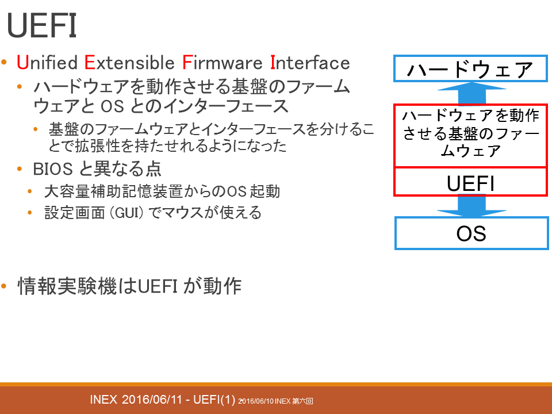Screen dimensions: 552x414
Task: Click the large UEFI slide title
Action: coord(42,25)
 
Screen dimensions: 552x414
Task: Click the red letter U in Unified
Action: coord(22,63)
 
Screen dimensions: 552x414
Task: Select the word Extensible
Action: coord(129,63)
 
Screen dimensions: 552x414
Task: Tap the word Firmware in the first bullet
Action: coord(223,63)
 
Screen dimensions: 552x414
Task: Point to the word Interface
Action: coord(310,63)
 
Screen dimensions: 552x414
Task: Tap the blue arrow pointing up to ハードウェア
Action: coord(471,93)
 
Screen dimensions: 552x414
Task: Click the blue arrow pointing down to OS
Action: coord(471,206)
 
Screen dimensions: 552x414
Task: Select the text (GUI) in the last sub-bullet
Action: coord(126,213)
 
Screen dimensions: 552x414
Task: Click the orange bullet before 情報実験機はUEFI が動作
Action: coord(4,286)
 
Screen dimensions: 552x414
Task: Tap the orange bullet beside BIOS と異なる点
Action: coord(20,169)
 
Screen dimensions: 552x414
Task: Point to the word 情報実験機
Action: coord(67,286)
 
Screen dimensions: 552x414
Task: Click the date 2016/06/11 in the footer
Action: coord(152,400)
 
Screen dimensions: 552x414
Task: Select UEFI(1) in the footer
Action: coord(214,400)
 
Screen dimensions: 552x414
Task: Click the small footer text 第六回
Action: coord(302,401)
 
